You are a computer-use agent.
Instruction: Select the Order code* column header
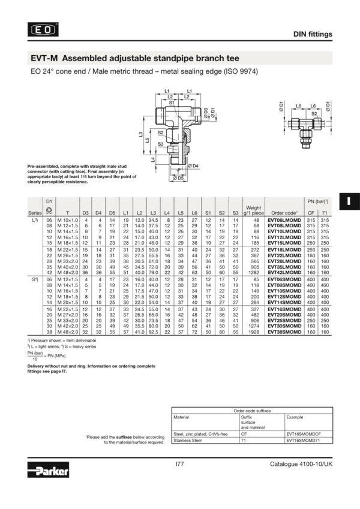pos(284,213)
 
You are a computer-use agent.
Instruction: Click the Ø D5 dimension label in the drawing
pos(179,178)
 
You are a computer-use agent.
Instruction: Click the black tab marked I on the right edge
pos(347,201)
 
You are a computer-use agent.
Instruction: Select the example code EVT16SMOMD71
pos(303,440)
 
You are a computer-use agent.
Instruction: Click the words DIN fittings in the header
pos(312,34)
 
